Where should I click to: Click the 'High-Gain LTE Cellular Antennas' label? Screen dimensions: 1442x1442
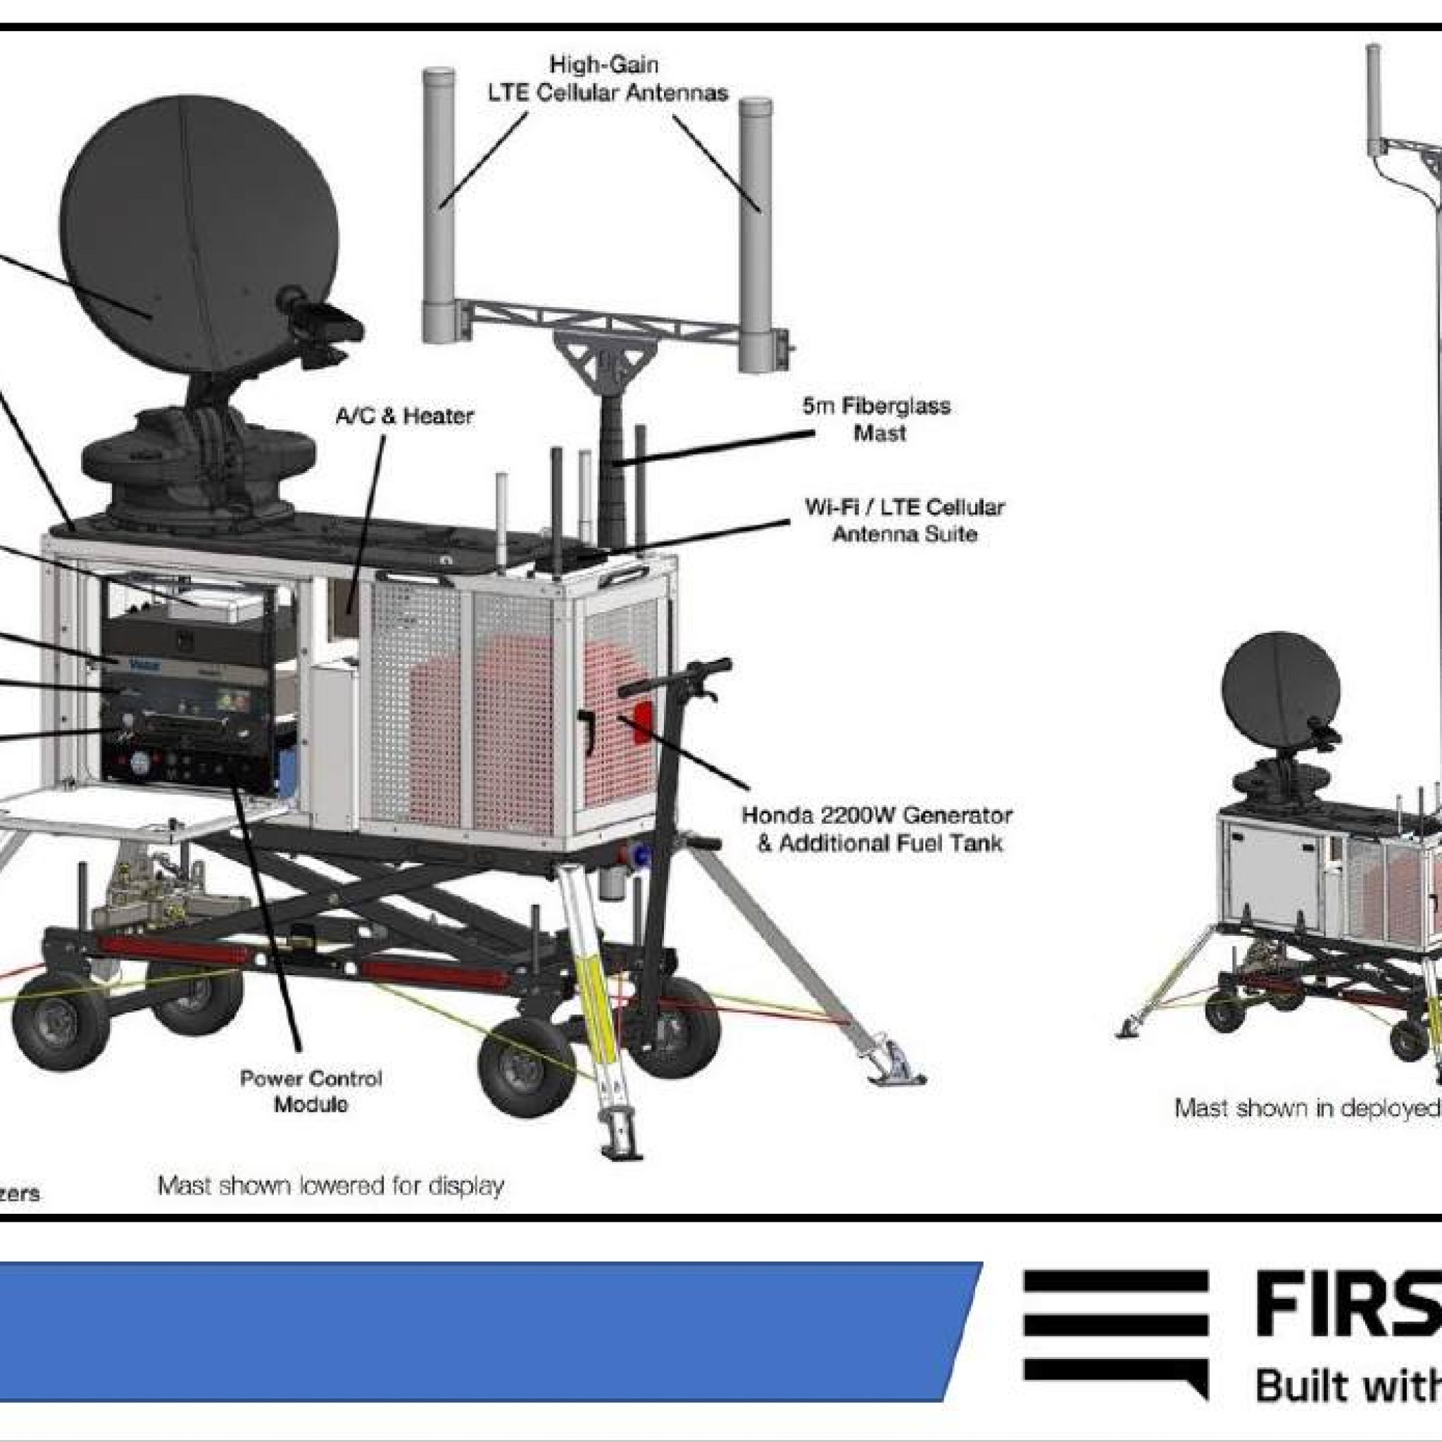pyautogui.click(x=606, y=78)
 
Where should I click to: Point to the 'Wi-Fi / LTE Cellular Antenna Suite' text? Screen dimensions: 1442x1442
pyautogui.click(x=904, y=520)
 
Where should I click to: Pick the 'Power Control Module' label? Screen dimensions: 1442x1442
pyautogui.click(x=311, y=1091)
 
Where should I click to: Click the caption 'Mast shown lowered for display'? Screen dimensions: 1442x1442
pyautogui.click(x=331, y=1184)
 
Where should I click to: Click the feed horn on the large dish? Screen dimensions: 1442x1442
pyautogui.click(x=321, y=313)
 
